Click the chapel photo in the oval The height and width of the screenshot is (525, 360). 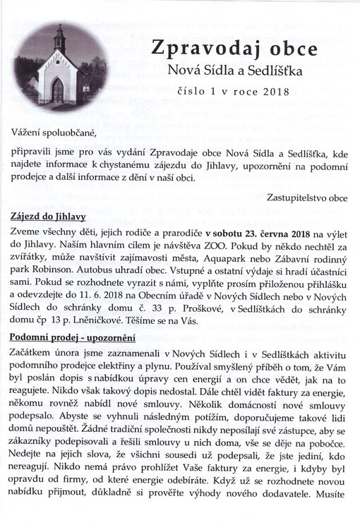[x=61, y=65]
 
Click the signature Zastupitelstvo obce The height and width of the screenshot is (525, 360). [x=307, y=198]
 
